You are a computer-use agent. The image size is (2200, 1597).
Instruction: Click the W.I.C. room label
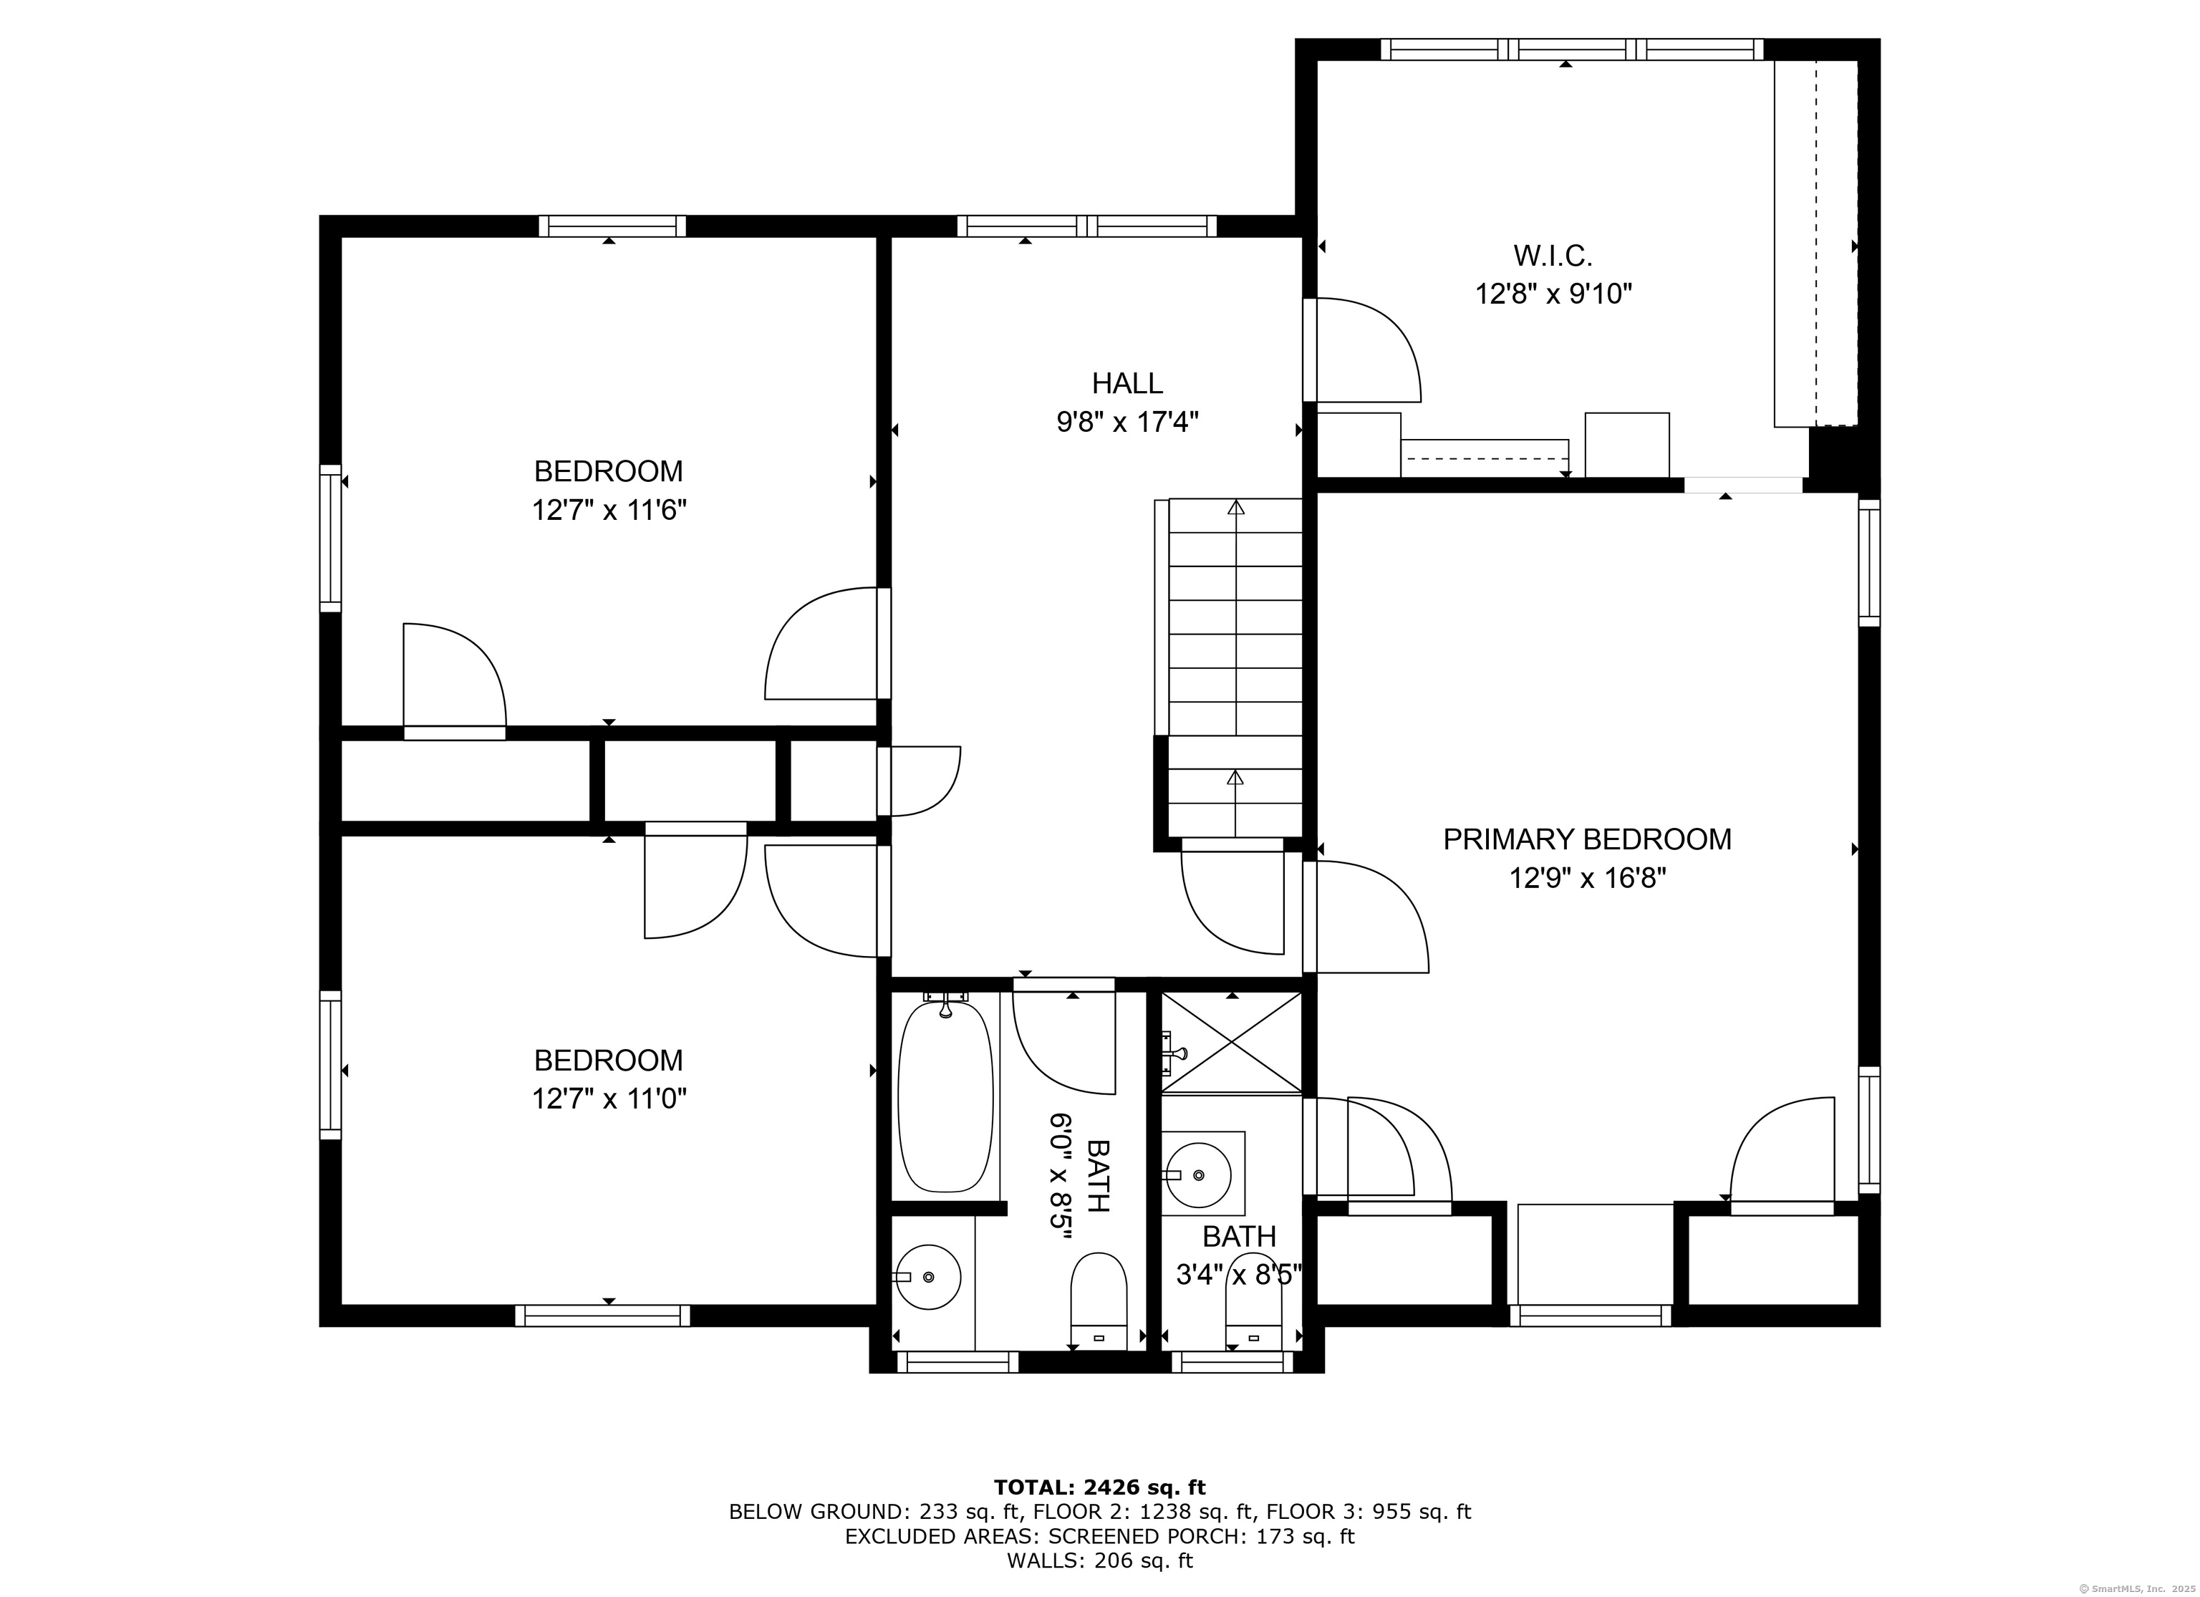[x=1553, y=256]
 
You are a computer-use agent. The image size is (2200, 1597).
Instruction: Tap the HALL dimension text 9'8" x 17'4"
[x=1127, y=422]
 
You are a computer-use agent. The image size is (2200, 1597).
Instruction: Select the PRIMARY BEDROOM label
[x=1587, y=839]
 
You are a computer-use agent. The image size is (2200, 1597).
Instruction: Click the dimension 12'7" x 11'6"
[x=608, y=511]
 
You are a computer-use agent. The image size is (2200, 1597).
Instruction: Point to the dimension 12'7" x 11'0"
[x=608, y=1099]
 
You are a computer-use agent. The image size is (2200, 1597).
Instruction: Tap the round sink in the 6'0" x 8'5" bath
[x=928, y=1277]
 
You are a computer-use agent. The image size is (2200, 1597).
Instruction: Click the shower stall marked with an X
[x=1232, y=1043]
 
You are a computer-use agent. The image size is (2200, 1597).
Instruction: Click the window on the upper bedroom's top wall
[x=612, y=226]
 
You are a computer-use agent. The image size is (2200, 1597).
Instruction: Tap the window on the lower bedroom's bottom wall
[x=602, y=1316]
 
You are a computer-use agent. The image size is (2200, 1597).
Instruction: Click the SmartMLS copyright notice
[x=2139, y=1588]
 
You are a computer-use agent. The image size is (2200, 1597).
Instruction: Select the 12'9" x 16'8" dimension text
[x=1587, y=879]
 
